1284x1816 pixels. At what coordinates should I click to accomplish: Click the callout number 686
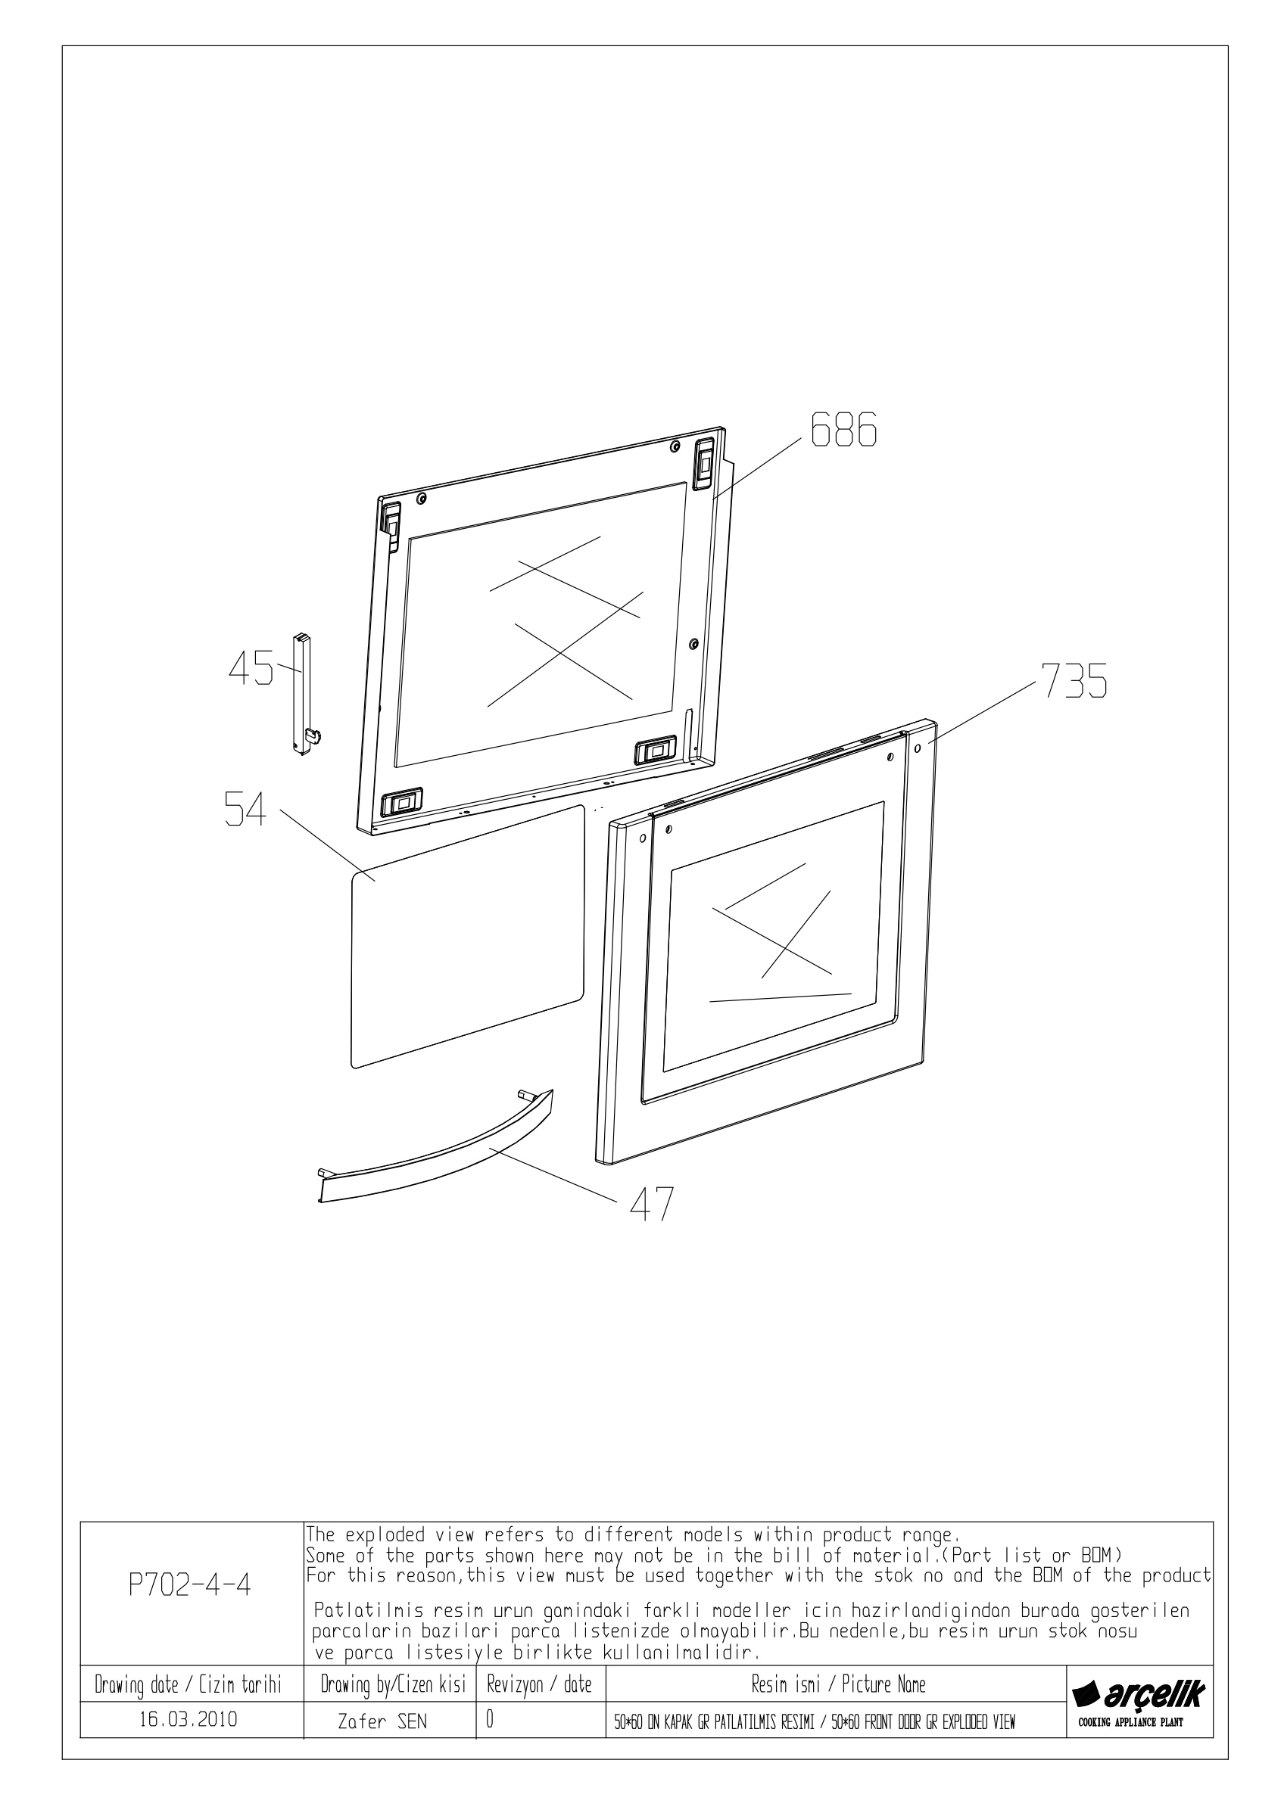pyautogui.click(x=843, y=431)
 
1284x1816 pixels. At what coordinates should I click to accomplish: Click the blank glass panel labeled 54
pyautogui.click(x=467, y=937)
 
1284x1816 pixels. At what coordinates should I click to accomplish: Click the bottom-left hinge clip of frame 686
pyautogui.click(x=403, y=803)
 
